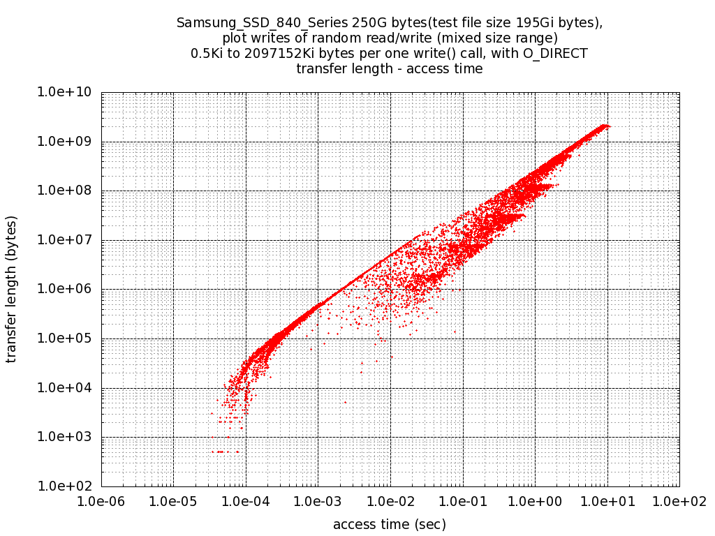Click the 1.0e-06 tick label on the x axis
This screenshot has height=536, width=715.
coord(101,501)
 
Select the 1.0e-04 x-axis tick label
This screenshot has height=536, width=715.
coord(246,501)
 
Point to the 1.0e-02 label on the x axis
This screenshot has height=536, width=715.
coord(390,501)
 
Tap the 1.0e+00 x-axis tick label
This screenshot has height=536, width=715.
coord(535,501)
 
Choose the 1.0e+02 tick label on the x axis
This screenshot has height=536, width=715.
coord(679,501)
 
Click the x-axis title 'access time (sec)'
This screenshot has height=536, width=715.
coord(390,524)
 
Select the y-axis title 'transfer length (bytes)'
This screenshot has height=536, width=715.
coord(12,289)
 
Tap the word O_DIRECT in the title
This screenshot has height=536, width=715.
coord(555,53)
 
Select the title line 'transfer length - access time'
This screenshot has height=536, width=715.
coord(390,68)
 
